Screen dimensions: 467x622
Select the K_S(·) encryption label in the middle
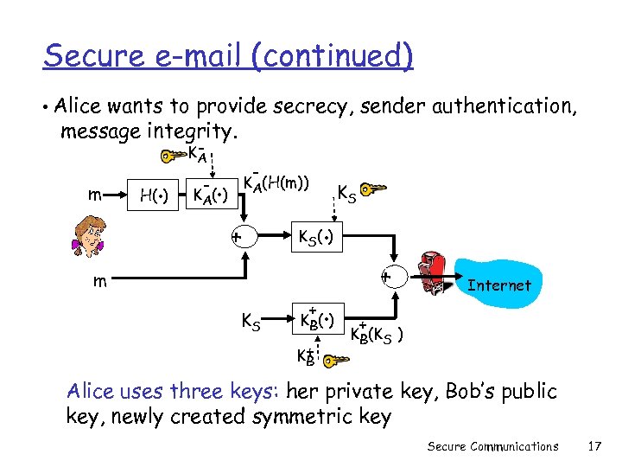(315, 236)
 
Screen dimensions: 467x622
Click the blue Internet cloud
(498, 285)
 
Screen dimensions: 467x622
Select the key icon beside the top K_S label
(375, 189)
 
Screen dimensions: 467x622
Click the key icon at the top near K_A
(172, 157)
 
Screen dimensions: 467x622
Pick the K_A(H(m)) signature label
(276, 182)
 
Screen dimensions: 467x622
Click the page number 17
(593, 446)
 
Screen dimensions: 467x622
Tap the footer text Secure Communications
(492, 446)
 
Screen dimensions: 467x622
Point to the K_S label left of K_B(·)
(251, 322)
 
